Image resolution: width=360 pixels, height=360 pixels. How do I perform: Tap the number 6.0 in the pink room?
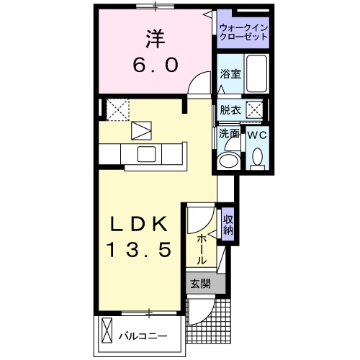click(153, 65)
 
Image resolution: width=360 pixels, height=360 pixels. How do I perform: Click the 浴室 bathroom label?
click(230, 73)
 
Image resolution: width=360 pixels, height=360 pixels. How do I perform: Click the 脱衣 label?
click(230, 110)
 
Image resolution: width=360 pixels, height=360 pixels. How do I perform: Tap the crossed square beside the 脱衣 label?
click(254, 110)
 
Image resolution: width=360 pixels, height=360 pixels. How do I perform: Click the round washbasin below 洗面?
click(230, 160)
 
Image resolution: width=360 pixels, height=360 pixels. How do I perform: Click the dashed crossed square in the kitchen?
click(116, 109)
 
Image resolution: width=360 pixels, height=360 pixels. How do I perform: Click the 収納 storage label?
click(228, 225)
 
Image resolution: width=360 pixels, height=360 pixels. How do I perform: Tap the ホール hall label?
click(202, 248)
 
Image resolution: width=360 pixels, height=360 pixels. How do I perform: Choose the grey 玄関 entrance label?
click(200, 284)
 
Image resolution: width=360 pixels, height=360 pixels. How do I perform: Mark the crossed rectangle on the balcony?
click(107, 332)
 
